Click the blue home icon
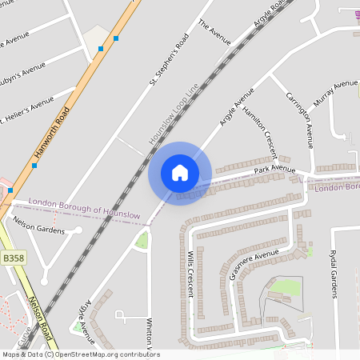tap(180, 172)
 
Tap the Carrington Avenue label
tap(298, 119)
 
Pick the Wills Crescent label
tap(190, 273)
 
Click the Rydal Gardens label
tap(334, 273)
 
